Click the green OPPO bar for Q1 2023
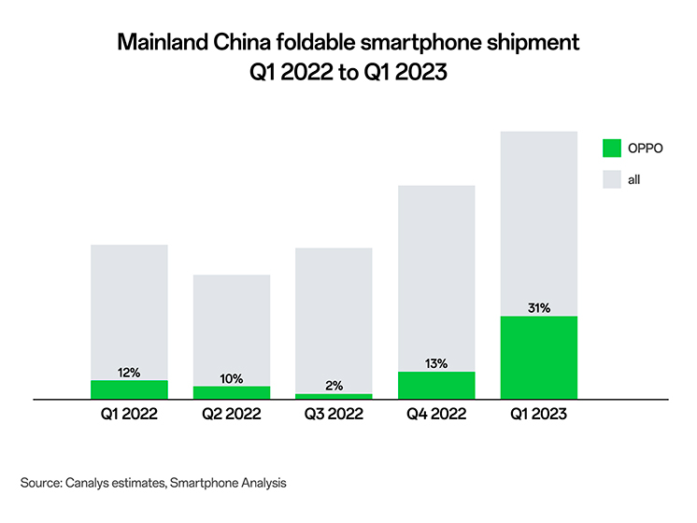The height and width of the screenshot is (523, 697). click(539, 358)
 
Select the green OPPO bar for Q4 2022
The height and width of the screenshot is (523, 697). click(436, 385)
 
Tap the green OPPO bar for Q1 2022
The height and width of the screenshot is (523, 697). click(129, 389)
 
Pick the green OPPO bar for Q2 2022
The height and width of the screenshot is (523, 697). click(232, 392)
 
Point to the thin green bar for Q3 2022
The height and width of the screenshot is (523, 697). click(334, 396)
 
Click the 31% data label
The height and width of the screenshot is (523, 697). click(539, 307)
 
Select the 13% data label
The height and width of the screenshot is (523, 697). click(436, 362)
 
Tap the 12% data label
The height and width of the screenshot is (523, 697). click(129, 372)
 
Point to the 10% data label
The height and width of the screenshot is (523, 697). click(232, 378)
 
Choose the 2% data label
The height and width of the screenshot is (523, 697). click(334, 385)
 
